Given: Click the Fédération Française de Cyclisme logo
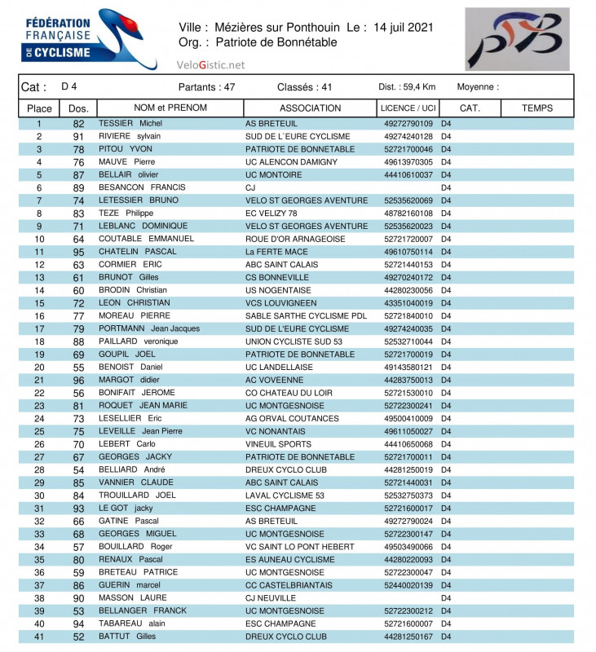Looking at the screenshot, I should coord(89,38).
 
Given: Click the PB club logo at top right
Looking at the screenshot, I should coord(517,39).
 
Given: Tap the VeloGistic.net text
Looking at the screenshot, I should coord(210,64).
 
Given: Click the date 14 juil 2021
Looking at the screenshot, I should coord(404,28).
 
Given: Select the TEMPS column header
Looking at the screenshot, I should coord(536,108).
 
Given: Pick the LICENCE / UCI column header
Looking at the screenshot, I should coord(408,108).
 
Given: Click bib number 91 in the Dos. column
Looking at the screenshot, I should coord(79,137).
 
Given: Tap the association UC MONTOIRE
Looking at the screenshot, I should coord(274,175).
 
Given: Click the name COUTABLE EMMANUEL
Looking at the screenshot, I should coord(146,239).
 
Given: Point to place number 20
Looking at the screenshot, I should coord(39,367).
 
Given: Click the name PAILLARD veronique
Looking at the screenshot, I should coord(138,341).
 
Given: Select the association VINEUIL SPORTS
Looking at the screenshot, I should coord(278,444).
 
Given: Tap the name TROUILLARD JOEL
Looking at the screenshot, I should coord(137,495).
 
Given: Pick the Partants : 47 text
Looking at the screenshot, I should coord(206,87).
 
